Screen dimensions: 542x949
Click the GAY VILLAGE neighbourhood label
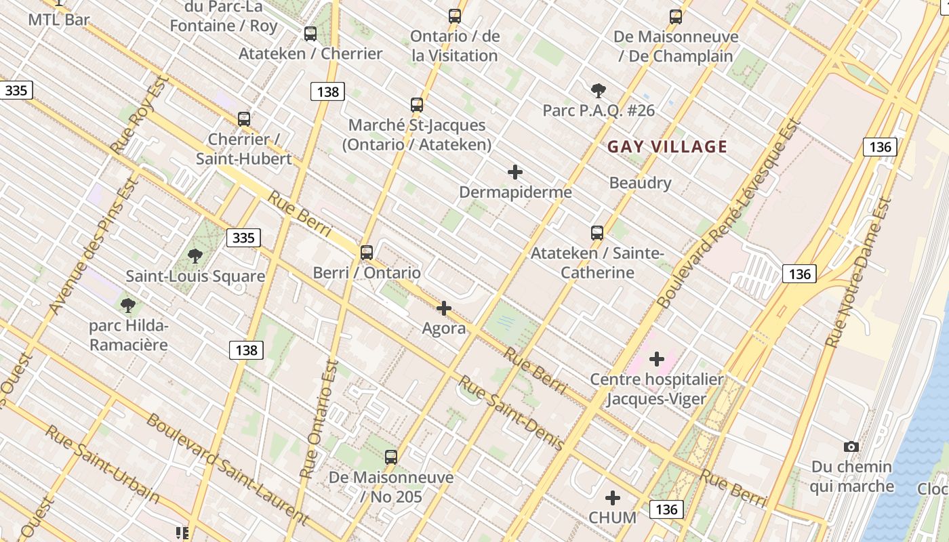point(667,146)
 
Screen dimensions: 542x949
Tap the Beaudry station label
point(640,183)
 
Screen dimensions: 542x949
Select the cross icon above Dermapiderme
point(515,172)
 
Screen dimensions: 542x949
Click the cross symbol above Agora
point(444,308)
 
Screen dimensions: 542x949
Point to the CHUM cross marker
point(613,498)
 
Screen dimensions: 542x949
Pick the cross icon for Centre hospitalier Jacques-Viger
point(656,358)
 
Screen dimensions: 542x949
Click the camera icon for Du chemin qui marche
point(851,446)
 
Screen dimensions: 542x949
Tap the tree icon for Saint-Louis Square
point(195,255)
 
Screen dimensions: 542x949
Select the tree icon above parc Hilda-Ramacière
point(127,305)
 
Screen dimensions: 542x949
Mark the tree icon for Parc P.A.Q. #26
point(598,90)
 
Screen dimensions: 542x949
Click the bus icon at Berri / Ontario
point(367,253)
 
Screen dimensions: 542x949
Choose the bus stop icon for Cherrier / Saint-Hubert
point(244,119)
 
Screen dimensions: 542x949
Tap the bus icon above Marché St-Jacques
point(417,105)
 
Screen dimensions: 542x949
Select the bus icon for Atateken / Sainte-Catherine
point(597,233)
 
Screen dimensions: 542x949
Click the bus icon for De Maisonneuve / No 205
point(391,457)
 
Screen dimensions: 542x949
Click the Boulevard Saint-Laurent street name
point(227,468)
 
